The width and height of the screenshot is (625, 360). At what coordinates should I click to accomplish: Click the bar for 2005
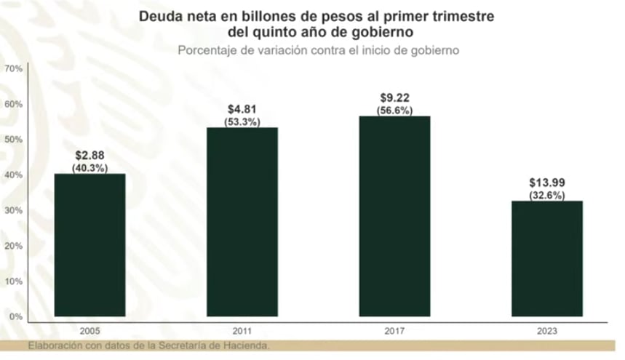pyautogui.click(x=90, y=245)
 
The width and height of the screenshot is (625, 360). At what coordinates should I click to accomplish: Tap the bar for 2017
pyautogui.click(x=395, y=216)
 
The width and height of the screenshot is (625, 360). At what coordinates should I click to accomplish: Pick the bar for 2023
pyautogui.click(x=547, y=258)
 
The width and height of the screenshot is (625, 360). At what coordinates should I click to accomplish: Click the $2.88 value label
pyautogui.click(x=90, y=157)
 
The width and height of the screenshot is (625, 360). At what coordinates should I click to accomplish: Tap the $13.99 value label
pyautogui.click(x=547, y=184)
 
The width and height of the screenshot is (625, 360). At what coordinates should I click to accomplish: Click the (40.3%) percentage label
pyautogui.click(x=90, y=168)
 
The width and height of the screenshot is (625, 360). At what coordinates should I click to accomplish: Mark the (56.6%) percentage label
pyautogui.click(x=395, y=111)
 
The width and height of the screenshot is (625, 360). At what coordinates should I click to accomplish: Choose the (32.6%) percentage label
pyautogui.click(x=547, y=195)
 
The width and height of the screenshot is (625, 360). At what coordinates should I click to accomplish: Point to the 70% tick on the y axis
pyautogui.click(x=14, y=68)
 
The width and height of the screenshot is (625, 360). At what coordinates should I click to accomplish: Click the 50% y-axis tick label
pyautogui.click(x=14, y=140)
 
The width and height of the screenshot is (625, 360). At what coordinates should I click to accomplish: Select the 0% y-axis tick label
pyautogui.click(x=16, y=317)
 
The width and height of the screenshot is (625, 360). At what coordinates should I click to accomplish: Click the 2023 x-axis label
pyautogui.click(x=547, y=330)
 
